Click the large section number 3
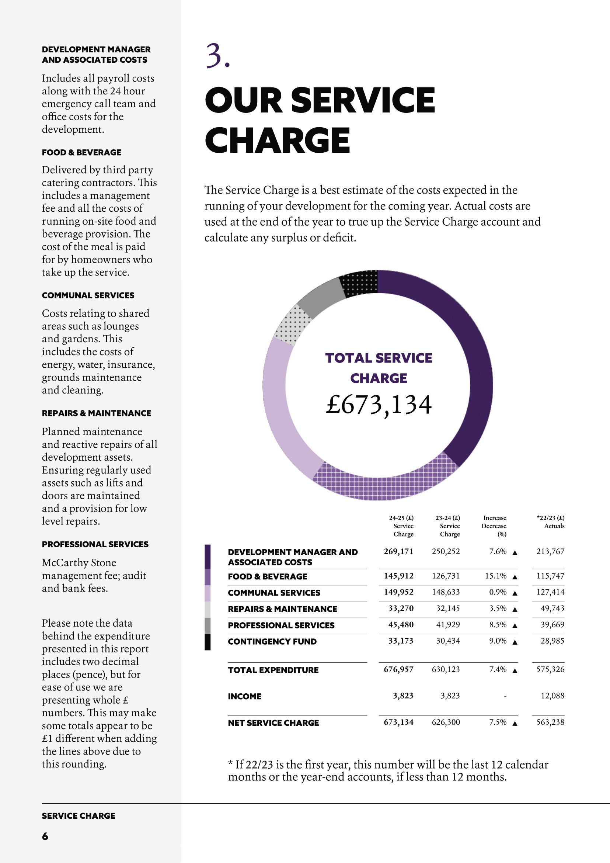click(217, 56)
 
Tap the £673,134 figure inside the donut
click(379, 405)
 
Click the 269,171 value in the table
click(398, 551)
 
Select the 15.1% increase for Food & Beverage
click(495, 576)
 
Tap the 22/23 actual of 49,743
click(552, 608)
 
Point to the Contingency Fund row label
click(272, 642)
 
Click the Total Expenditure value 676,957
click(398, 669)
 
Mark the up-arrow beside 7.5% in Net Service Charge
click(515, 723)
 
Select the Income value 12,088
click(552, 696)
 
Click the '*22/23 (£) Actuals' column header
click(551, 522)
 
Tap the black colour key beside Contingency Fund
click(208, 642)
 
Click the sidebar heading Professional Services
click(95, 544)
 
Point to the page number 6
click(45, 836)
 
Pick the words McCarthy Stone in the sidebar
click(79, 563)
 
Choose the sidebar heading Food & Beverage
click(81, 152)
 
